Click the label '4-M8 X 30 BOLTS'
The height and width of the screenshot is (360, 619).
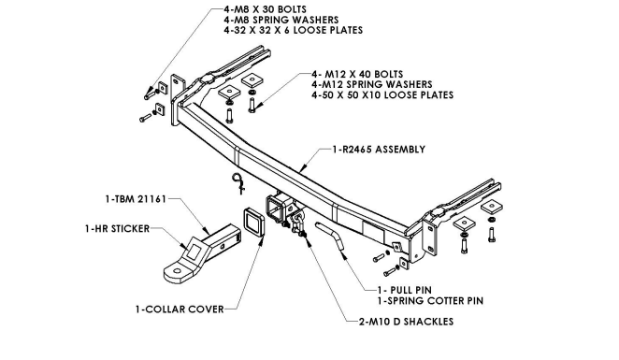point(265,9)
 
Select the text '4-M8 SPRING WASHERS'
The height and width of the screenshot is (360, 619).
point(281,20)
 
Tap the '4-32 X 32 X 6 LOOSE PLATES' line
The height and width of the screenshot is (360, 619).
point(293,31)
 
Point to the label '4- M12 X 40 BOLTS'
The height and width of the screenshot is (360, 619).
point(357,74)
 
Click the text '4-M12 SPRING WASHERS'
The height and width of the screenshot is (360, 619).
point(372,84)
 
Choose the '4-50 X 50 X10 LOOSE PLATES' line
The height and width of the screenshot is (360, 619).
point(382,95)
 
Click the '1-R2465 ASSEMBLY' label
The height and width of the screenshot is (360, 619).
point(379,150)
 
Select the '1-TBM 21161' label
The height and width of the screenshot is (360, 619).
point(136,199)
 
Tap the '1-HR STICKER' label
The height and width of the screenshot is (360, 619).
point(117,229)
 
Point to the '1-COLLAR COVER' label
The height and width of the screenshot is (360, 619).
point(180,310)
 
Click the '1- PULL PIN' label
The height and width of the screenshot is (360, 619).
point(405,291)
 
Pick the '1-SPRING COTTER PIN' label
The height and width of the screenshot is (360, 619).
point(430,301)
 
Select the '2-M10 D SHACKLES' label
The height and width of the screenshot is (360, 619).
point(406,322)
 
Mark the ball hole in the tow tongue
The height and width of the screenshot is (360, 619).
point(178,271)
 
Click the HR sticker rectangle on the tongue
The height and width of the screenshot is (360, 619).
point(194,251)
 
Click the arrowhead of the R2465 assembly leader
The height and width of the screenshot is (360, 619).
point(301,170)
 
